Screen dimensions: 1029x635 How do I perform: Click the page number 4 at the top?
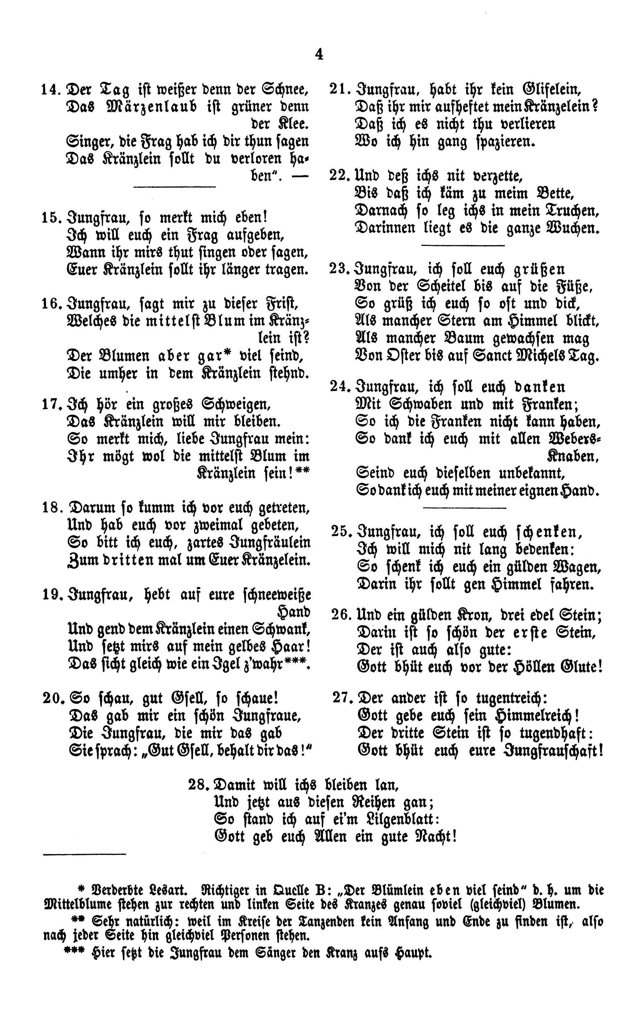(319, 55)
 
